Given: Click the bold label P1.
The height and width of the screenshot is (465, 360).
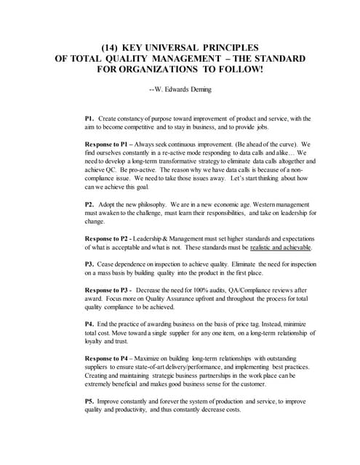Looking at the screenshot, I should tap(89, 118).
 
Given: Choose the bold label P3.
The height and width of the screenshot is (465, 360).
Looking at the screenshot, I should tap(89, 264).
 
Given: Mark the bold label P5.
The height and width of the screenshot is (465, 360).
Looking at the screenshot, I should tap(89, 400).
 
